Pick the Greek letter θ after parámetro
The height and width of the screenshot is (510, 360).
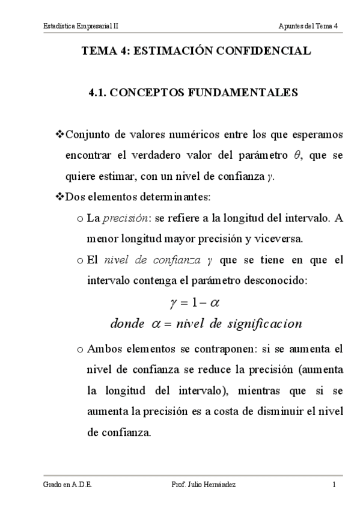coord(296,155)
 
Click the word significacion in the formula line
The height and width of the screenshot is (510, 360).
coord(263,324)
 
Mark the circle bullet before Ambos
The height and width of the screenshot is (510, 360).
coord(81,349)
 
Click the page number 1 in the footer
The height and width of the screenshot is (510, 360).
coord(334,485)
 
